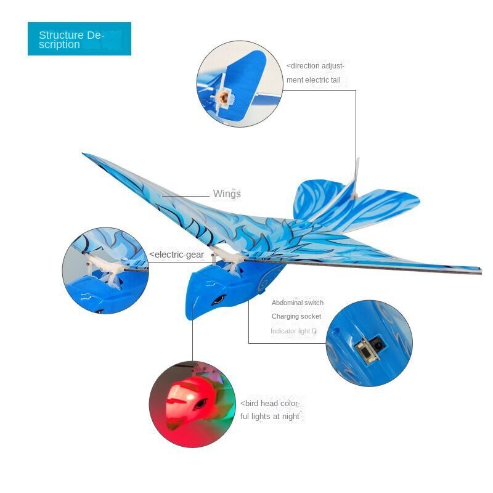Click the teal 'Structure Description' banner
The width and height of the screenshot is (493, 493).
79,39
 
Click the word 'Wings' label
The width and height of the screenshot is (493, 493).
227,194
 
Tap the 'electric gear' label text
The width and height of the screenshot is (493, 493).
176,255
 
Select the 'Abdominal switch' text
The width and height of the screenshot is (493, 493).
298,303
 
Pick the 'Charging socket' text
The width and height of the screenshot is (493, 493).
296,316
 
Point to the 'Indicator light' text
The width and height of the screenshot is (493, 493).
290,331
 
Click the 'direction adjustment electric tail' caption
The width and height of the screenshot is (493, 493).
316,73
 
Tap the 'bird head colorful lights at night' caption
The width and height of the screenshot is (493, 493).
271,410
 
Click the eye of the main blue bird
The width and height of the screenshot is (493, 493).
219,299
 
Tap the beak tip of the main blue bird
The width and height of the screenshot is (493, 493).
190,317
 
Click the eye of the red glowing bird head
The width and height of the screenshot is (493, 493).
200,404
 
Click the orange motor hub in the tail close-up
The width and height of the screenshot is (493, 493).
223,97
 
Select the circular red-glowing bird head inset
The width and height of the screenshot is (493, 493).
192,404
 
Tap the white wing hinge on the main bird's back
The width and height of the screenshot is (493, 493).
227,257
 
